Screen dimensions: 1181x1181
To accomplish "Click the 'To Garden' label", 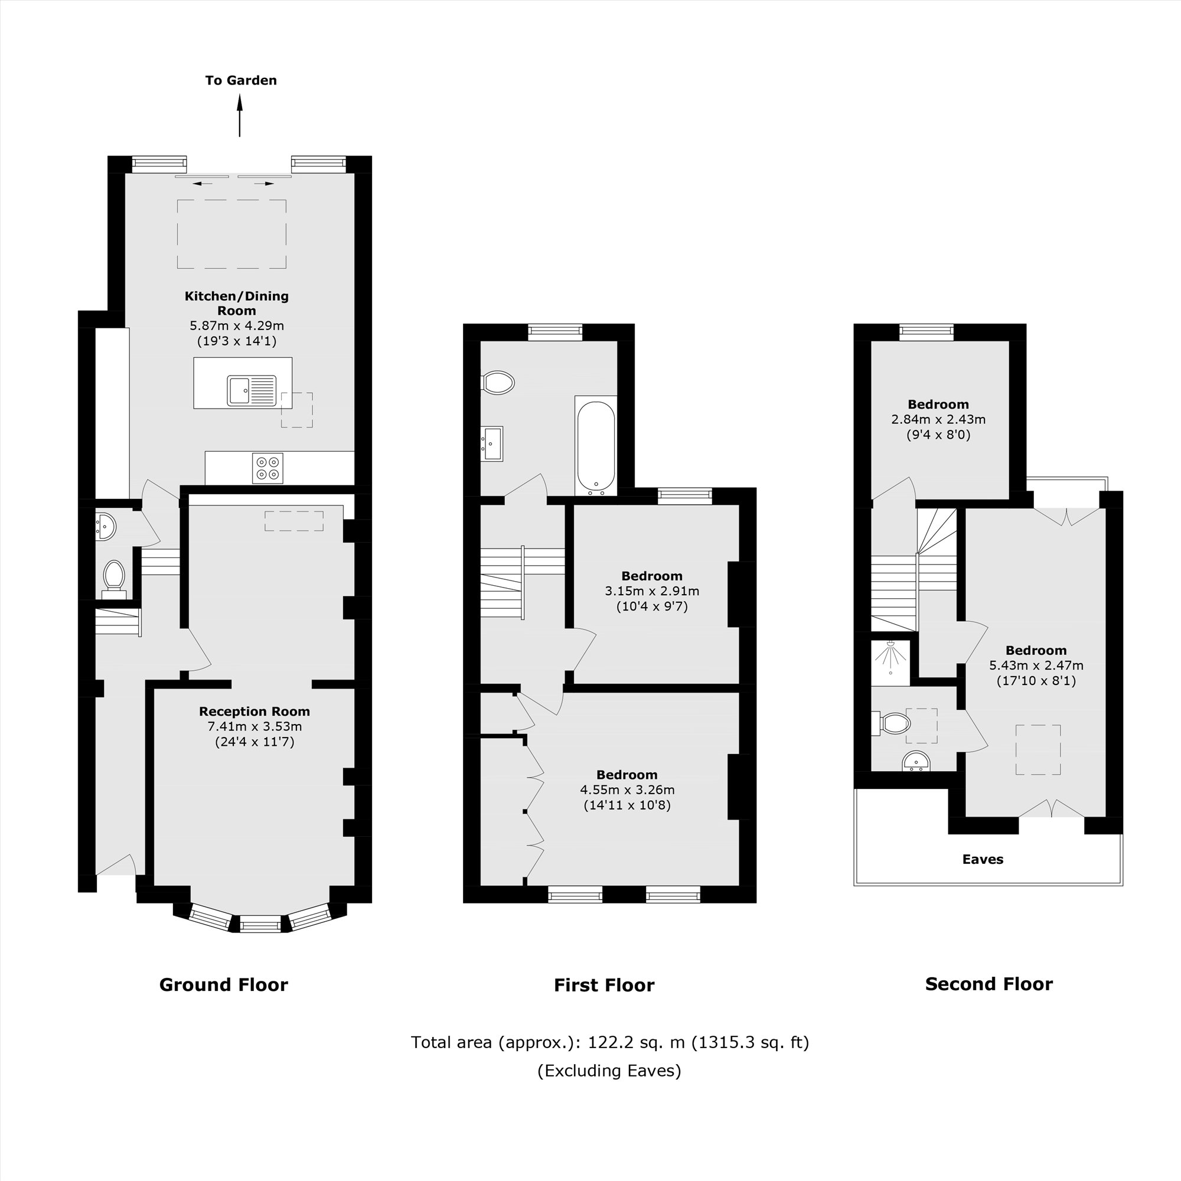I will coord(241,80).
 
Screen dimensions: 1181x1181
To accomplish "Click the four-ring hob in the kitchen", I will coord(267,468).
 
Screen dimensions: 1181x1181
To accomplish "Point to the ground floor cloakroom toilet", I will coord(114,578).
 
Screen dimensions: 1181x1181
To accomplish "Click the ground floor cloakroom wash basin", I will coord(106,526).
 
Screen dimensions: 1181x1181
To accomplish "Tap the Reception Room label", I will coord(255,711).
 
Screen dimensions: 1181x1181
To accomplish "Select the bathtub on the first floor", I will coord(595,447).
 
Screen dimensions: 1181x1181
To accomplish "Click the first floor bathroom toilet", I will coord(498,383).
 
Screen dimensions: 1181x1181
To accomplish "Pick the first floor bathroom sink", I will coord(492,443).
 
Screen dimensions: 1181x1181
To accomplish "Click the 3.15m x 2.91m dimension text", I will coord(652,591).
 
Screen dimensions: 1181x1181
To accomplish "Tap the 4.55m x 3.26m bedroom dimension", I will coord(627,789).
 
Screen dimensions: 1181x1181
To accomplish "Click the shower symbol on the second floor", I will coord(890,658).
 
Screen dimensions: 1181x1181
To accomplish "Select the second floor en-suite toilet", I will coord(894,723).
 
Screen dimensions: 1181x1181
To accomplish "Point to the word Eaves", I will coord(983,859).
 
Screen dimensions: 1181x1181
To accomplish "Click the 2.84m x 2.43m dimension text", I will coord(938,419).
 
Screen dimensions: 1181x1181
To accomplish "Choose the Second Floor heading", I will coord(988,984).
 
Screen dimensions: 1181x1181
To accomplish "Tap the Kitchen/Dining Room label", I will coord(237,303).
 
